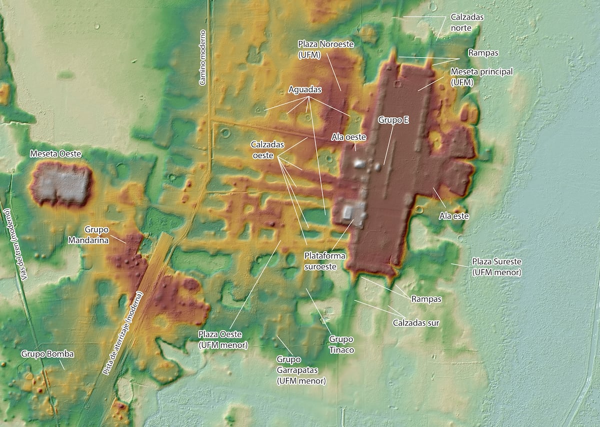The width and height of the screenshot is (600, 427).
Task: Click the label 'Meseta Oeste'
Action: tap(55, 153)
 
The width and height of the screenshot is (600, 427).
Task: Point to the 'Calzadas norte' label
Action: tap(467, 23)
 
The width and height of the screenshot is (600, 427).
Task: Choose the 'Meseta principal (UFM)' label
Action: tap(481, 77)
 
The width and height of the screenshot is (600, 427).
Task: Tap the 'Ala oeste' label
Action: tap(349, 137)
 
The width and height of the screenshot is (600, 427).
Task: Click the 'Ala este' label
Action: tap(449, 216)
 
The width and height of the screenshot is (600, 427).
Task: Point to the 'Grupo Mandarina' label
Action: tap(96, 234)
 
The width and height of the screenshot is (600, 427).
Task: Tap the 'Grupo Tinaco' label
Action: tap(341, 344)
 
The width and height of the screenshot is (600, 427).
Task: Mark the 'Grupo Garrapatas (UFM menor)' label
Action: tap(301, 370)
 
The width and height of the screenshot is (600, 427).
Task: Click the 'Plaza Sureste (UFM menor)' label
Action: tap(497, 267)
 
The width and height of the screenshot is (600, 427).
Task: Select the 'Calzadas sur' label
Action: tap(416, 322)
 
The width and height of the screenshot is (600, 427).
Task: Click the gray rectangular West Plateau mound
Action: tap(61, 184)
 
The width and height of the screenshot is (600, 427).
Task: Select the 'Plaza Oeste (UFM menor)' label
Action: tap(223, 339)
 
